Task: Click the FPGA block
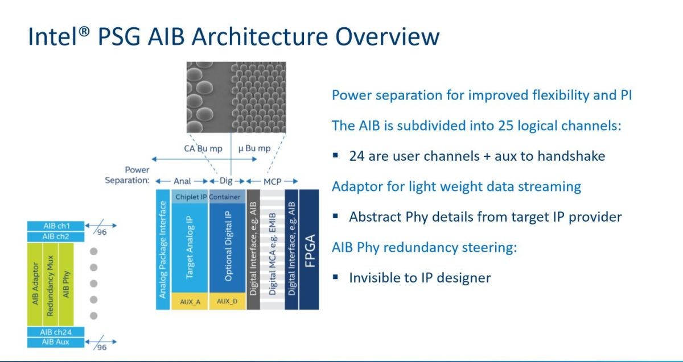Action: click(309, 249)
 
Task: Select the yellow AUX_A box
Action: click(190, 301)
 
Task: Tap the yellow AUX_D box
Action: click(227, 301)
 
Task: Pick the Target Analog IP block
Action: click(190, 248)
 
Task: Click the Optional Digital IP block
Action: click(227, 248)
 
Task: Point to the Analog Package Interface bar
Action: click(163, 249)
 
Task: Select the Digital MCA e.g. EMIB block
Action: click(272, 249)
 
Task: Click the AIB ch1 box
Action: click(56, 226)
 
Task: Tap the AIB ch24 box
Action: click(56, 332)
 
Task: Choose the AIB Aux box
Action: click(56, 342)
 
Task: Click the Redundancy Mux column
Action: click(50, 284)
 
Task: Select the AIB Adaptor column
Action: click(35, 284)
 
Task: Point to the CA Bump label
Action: click(203, 148)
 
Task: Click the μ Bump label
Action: click(254, 148)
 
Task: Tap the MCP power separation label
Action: click(272, 181)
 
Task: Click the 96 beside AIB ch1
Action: click(102, 232)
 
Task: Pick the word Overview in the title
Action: click(387, 36)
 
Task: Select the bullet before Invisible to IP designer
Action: click(335, 277)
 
